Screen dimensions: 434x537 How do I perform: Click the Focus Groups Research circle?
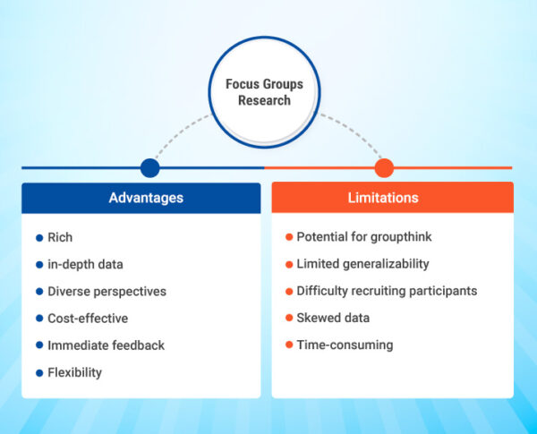point(263,92)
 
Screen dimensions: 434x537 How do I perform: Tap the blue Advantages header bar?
point(141,197)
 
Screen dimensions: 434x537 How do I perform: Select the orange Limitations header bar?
point(392,197)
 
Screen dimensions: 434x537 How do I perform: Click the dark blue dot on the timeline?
point(150,167)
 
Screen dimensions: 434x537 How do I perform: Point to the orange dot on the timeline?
point(384,167)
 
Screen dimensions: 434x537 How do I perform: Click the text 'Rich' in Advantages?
point(60,238)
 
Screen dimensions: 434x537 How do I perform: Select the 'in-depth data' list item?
point(85,265)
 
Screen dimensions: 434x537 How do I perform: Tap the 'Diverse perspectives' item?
point(107,292)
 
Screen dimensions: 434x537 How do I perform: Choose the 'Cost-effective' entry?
point(88,319)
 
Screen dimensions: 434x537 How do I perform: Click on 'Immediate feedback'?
point(106,345)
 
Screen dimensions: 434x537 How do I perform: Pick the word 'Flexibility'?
point(75,372)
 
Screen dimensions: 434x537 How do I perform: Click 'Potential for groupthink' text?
point(364,237)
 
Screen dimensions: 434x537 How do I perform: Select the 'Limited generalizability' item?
point(362,264)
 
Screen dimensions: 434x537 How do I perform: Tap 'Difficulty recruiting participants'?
point(387,291)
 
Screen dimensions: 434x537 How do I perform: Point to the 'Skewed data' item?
point(333,318)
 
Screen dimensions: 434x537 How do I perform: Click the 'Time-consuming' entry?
point(345,345)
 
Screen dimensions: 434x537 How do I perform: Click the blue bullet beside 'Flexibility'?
point(39,372)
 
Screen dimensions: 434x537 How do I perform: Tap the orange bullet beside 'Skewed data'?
point(289,318)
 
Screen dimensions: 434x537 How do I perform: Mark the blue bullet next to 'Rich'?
point(39,238)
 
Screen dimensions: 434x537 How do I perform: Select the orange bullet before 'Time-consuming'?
point(289,345)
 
